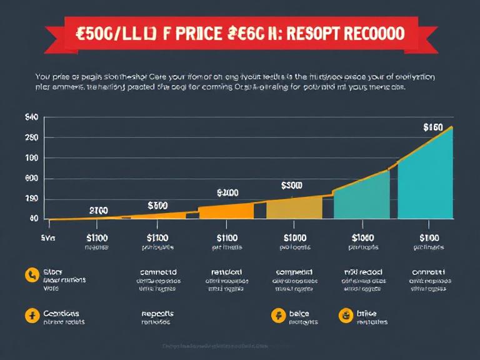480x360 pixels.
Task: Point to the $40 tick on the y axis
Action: (x=31, y=117)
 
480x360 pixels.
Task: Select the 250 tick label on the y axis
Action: (x=31, y=137)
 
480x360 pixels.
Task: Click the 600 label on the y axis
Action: (x=31, y=179)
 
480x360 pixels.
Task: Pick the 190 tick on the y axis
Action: (x=31, y=199)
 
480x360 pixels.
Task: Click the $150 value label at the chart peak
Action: (x=432, y=127)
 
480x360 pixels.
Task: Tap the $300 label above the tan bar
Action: (x=291, y=186)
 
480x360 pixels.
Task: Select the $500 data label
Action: (x=157, y=205)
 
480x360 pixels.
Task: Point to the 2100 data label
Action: (x=99, y=210)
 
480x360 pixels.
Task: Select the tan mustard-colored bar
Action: (x=294, y=208)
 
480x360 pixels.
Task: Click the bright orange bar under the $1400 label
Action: (x=226, y=211)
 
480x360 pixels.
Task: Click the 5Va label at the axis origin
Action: (x=47, y=237)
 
